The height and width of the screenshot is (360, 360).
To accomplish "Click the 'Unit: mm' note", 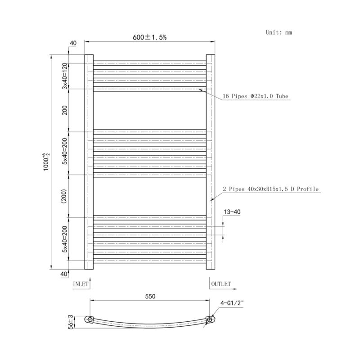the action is pos(279,32).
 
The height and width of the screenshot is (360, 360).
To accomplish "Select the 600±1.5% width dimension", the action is pos(150,37).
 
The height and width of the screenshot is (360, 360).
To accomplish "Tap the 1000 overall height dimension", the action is pos(46,162).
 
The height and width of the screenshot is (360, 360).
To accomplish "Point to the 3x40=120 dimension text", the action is pos(65,76).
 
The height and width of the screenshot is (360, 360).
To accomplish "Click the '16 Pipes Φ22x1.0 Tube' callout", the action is pos(255,96).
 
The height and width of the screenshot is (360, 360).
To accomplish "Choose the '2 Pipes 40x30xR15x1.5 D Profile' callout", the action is pos(271,189).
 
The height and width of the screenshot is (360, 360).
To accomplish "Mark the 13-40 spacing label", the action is pos(232,211).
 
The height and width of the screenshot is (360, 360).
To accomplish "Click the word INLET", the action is pos(81,284).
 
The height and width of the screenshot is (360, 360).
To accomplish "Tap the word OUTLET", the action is pos(221,284).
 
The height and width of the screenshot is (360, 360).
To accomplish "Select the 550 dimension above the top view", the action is pos(150,297).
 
